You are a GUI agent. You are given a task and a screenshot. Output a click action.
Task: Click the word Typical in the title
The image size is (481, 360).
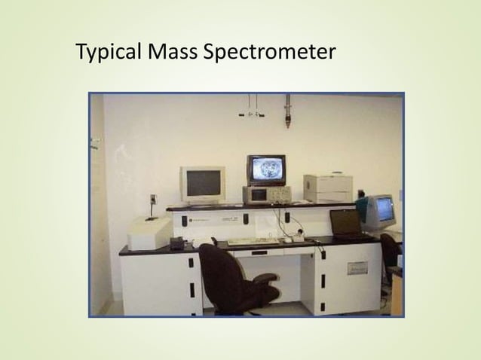(110, 53)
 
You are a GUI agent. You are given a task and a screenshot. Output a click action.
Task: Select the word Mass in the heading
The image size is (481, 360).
(173, 53)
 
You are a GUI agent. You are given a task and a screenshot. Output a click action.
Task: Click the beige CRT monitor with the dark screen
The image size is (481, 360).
(202, 184)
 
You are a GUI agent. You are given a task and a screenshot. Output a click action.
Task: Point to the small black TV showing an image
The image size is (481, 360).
(266, 169)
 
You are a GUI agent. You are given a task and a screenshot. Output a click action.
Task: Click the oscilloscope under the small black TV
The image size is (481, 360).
(267, 194)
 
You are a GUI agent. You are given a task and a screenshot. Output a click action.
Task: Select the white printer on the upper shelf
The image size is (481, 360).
(328, 187)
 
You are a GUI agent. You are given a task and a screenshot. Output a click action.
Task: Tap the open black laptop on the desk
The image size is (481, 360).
(348, 225)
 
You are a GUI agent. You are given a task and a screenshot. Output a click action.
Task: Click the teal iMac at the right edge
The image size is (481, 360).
(381, 210)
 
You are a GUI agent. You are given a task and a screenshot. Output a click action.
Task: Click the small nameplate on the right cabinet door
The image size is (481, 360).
(357, 267)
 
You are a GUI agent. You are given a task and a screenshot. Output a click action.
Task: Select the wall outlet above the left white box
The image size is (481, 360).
(153, 201)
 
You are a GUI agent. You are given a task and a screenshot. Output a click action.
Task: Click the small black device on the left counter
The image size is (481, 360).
(178, 243)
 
